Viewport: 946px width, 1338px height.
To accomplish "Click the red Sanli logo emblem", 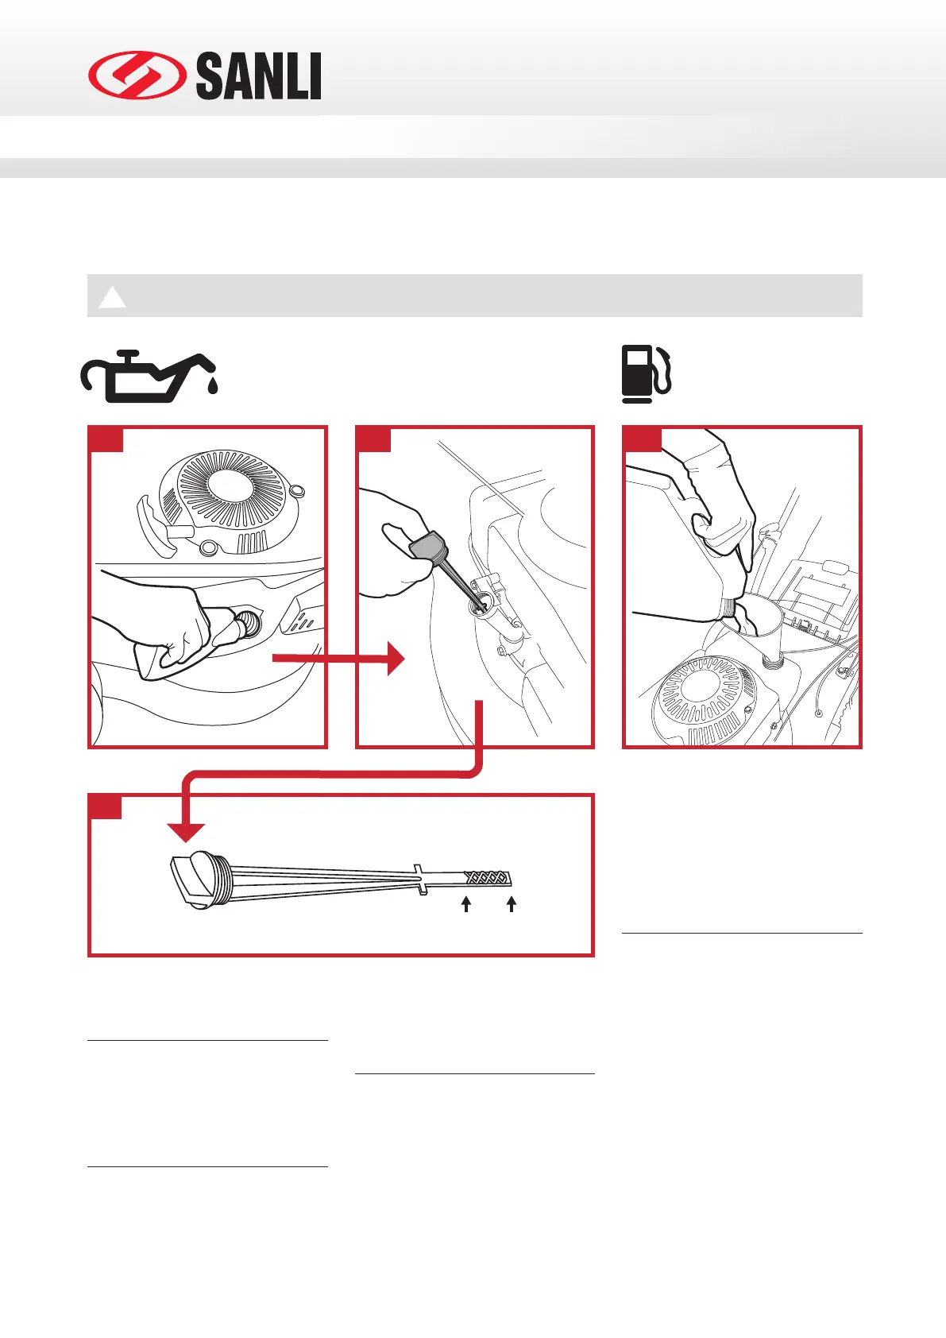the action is pos(136,76).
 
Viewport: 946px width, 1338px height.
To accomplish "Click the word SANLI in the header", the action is pos(258,77).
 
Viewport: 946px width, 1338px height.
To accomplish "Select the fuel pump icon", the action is pos(646,373).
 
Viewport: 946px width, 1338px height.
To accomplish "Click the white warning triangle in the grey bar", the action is pos(112,297).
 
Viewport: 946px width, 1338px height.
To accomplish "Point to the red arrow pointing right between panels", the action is pos(342,658).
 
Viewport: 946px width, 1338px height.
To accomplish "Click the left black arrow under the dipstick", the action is pos(466,903).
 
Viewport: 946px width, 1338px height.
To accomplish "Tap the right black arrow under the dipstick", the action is pos(512,903).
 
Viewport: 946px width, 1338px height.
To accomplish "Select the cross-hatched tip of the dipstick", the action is pos(486,878).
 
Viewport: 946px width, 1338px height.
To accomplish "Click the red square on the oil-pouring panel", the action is pos(106,439).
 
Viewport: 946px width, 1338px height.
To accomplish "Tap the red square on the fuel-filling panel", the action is pos(643,439).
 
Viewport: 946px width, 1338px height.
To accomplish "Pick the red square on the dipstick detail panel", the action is pos(106,806).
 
